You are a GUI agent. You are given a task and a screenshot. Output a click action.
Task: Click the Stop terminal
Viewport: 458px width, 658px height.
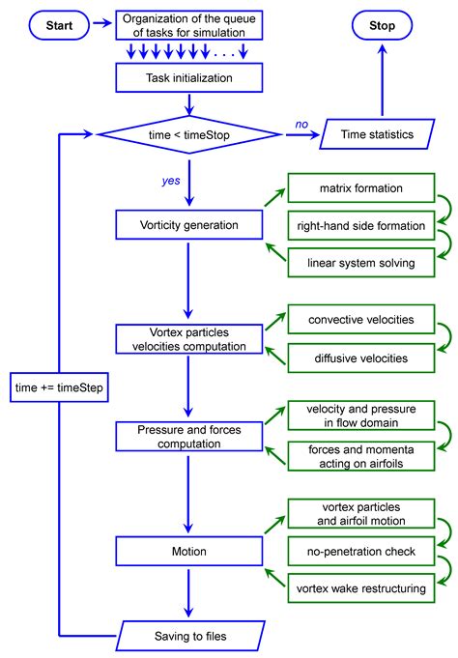point(382,26)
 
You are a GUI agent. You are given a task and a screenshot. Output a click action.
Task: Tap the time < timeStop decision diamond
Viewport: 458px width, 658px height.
point(189,135)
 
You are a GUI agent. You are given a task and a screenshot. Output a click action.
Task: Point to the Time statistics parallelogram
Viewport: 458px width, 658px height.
point(382,135)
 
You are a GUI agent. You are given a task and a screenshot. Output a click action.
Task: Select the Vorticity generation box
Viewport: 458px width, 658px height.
point(189,225)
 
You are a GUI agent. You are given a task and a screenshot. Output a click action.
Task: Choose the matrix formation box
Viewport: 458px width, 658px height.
point(348,188)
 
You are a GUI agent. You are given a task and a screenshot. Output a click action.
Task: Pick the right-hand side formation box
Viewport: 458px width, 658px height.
point(348,225)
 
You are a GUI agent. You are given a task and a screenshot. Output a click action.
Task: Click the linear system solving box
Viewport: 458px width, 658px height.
point(348,262)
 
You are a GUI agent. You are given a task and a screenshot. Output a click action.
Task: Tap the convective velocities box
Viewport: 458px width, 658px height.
point(348,320)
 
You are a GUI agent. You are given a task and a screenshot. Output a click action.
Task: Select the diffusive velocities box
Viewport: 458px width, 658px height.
point(348,358)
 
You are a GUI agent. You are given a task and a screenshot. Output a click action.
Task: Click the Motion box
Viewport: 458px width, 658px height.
point(189,552)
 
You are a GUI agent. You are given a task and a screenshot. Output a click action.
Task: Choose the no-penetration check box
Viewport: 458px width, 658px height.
point(348,552)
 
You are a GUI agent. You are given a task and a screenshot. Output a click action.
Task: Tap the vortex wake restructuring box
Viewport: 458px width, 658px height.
point(348,586)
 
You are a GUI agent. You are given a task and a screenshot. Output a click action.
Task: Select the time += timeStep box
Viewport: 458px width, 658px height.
point(60,388)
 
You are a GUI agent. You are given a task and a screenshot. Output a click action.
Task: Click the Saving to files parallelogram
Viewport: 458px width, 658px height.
point(189,635)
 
